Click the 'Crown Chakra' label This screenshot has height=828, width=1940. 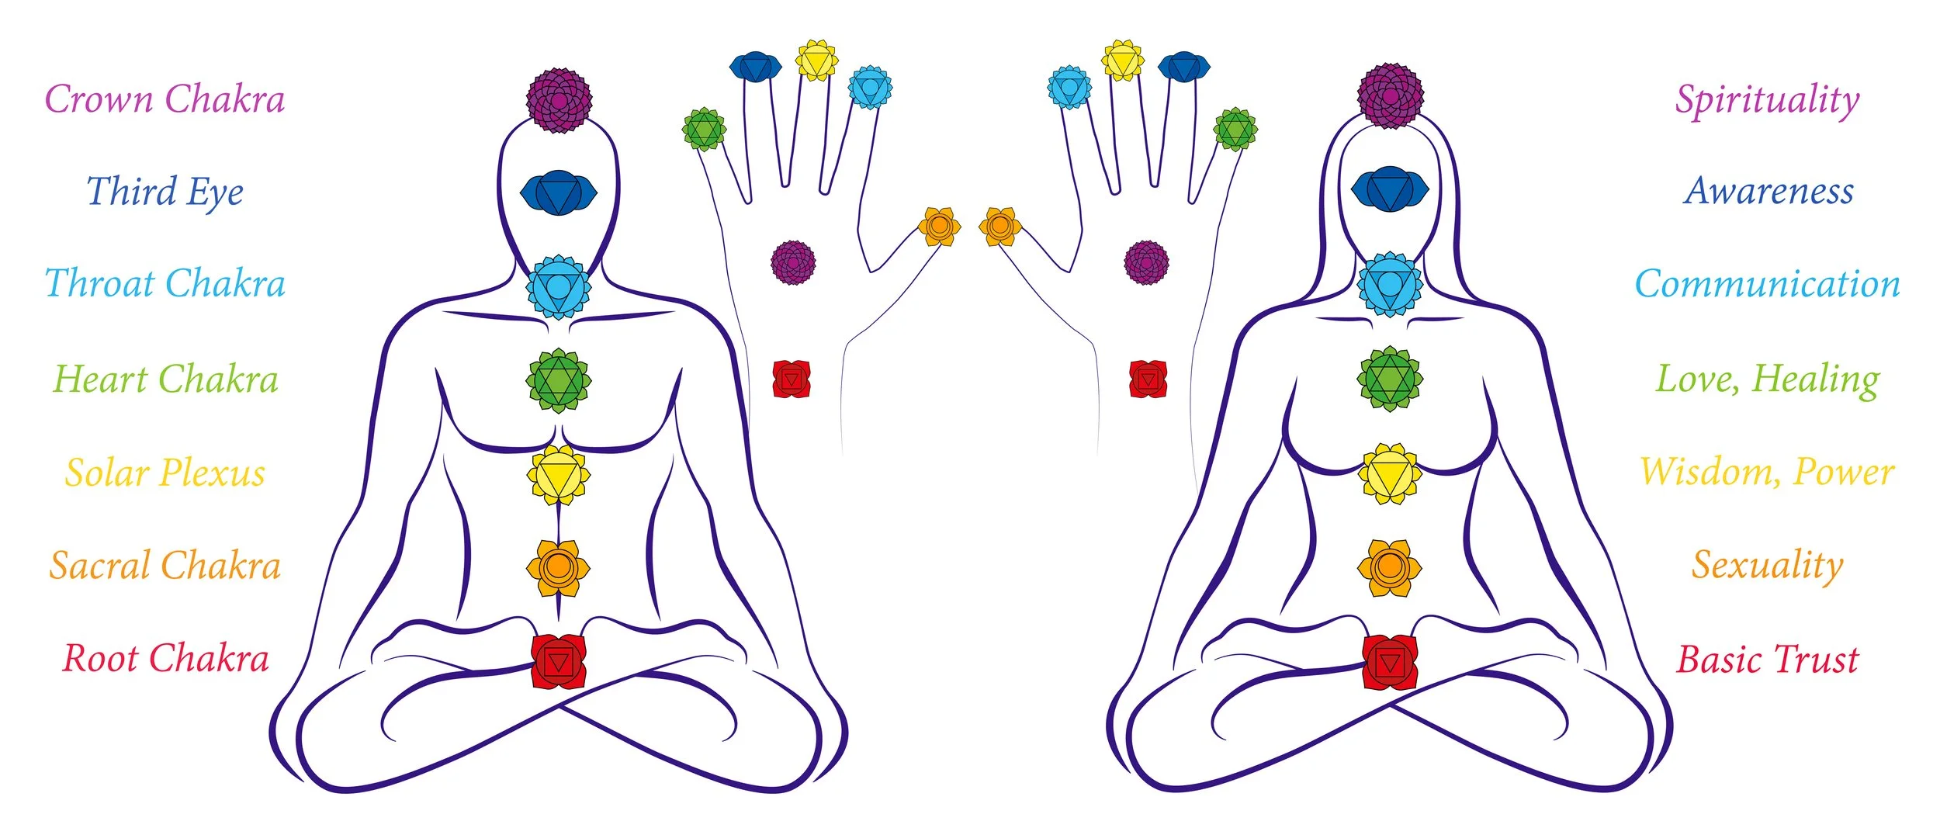[x=165, y=99]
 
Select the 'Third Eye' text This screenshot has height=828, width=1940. [x=165, y=192]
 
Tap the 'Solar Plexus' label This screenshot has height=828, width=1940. [x=165, y=473]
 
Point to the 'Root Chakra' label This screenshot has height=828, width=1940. [x=165, y=658]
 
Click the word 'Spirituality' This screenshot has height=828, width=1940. [x=1767, y=100]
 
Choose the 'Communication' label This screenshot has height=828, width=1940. [x=1767, y=284]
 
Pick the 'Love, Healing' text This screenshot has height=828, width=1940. [x=1767, y=379]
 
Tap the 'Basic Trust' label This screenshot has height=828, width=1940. [x=1767, y=659]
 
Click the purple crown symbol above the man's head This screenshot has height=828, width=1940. [x=559, y=100]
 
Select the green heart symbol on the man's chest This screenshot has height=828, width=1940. [x=558, y=380]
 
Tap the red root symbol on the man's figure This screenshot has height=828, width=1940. [x=558, y=661]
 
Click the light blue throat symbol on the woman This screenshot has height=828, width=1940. [x=1389, y=284]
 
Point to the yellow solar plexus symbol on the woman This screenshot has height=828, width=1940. [x=1389, y=473]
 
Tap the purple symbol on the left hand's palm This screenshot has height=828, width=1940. [x=793, y=262]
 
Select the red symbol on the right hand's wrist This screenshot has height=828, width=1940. [x=1148, y=379]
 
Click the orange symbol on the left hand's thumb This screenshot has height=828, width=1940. [x=939, y=227]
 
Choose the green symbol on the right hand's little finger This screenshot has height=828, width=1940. [x=1235, y=129]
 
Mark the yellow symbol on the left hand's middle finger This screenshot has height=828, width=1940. [x=816, y=61]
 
